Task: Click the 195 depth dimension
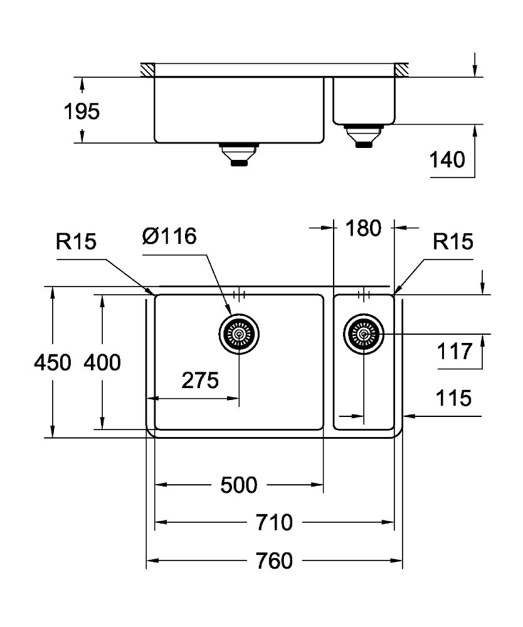[82, 111]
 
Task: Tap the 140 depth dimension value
[447, 159]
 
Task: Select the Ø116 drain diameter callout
[169, 236]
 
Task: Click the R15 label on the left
[76, 241]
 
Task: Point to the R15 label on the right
[453, 241]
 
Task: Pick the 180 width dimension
[363, 228]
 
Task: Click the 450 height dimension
[53, 362]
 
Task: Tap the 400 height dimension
[102, 362]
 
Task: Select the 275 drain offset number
[200, 381]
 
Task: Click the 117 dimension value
[455, 352]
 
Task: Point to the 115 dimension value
[453, 398]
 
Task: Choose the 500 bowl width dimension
[239, 485]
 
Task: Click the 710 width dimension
[274, 522]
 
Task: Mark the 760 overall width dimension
[274, 561]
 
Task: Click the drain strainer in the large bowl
[239, 334]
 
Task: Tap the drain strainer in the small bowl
[364, 334]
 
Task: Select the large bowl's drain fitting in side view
[239, 154]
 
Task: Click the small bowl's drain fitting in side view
[364, 136]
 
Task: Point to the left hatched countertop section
[147, 70]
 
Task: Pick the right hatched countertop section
[401, 70]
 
